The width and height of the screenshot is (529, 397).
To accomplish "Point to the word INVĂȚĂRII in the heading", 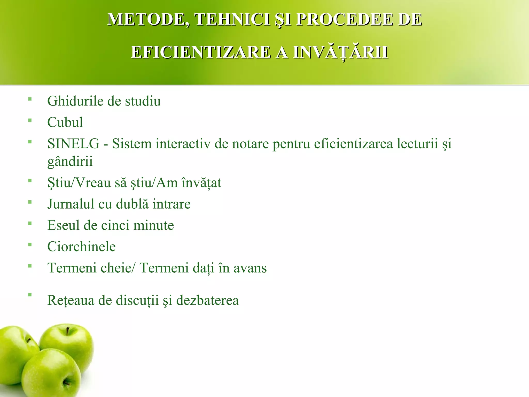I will [340, 52].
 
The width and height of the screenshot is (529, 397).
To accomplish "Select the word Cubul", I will [65, 122].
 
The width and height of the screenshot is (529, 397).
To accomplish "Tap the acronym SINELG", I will [73, 144].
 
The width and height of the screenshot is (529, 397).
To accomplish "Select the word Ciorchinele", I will [81, 247].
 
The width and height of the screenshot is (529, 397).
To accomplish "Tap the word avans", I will [250, 268].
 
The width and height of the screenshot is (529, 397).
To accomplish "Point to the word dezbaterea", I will [207, 300].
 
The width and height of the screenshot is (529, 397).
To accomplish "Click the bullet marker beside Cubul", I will [30, 120].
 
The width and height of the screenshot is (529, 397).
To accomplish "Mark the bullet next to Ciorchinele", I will [30, 245].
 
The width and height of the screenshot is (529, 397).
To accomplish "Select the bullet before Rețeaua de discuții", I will [30, 294].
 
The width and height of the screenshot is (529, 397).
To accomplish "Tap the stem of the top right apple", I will [67, 331].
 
